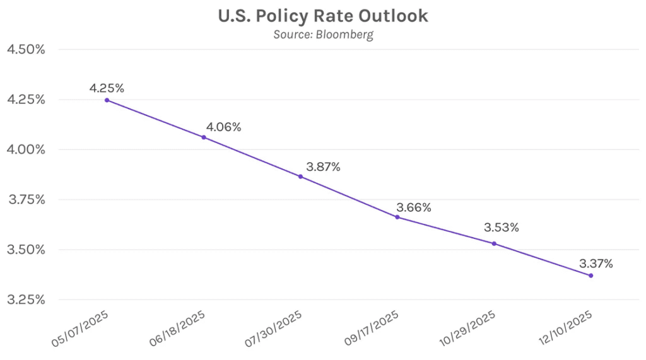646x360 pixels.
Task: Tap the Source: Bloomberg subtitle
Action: tap(323, 34)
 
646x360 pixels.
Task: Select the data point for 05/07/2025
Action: tap(107, 100)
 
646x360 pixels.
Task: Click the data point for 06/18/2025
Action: tap(203, 137)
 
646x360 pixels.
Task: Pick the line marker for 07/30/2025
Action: tap(300, 177)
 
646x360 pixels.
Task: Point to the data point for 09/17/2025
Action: tap(397, 217)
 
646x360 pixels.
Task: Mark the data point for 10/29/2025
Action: tap(494, 243)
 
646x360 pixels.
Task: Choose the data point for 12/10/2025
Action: tap(590, 276)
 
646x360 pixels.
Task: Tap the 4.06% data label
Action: tap(223, 127)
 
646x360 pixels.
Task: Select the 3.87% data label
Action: tap(322, 167)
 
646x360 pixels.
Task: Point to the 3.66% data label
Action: tap(413, 207)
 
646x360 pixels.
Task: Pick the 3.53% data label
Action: tap(502, 228)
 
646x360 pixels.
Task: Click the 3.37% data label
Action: tap(595, 264)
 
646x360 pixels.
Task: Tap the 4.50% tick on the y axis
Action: tap(25, 50)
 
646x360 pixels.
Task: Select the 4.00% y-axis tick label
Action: tap(25, 150)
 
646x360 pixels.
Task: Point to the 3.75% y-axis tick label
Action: tap(25, 200)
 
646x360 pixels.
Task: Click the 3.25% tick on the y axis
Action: tap(25, 299)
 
